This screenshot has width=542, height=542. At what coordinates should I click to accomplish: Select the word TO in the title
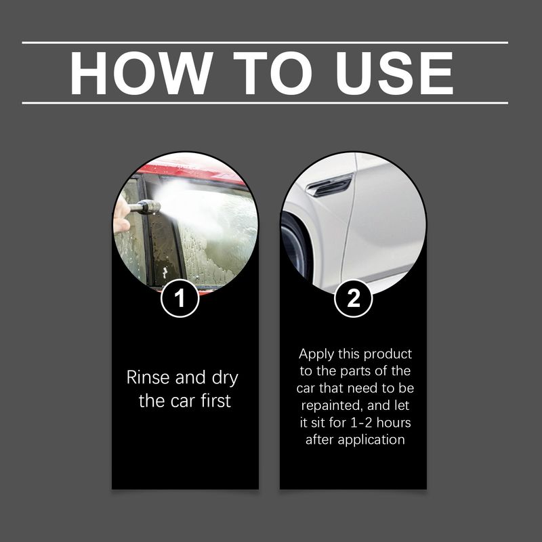pos(260,73)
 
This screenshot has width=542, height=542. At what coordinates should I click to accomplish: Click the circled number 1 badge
pos(180,298)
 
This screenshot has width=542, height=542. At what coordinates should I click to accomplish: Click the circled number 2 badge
pos(354,298)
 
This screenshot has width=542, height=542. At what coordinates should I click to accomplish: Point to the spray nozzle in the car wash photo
pos(146,207)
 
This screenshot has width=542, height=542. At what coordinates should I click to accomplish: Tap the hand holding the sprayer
pos(121,217)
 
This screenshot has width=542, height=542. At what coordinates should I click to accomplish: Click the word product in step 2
pos(388,355)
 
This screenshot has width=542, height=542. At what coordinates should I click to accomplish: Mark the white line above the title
pos(265,43)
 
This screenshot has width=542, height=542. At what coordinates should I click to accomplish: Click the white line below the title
pos(265,103)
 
